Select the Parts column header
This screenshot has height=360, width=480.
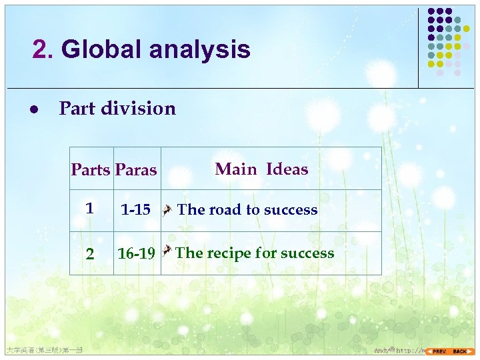pyautogui.click(x=91, y=170)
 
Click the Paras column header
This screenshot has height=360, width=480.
pyautogui.click(x=136, y=170)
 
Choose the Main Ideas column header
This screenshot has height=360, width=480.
pyautogui.click(x=261, y=169)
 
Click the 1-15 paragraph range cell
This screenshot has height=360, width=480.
pyautogui.click(x=135, y=210)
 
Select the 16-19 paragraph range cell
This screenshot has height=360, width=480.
pyautogui.click(x=136, y=253)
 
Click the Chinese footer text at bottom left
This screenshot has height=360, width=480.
pyautogui.click(x=43, y=349)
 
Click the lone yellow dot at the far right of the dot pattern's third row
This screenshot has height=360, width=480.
pyautogui.click(x=467, y=29)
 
